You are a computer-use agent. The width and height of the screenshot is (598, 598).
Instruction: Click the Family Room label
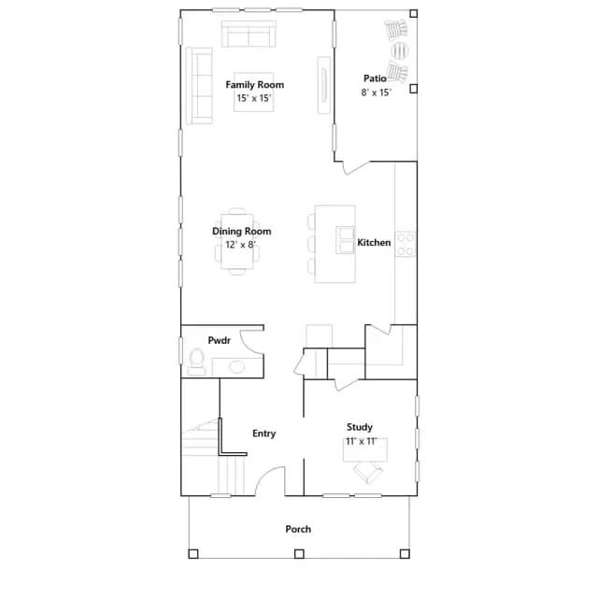255,85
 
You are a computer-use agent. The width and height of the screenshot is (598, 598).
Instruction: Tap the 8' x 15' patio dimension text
376,93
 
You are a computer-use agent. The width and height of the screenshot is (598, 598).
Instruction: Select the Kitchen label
374,243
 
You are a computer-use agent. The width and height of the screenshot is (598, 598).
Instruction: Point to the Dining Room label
241,231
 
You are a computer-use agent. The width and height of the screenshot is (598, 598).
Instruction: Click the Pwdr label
220,340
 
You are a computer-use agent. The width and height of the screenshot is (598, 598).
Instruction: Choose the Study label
359,427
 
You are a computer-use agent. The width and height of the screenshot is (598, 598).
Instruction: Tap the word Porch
298,529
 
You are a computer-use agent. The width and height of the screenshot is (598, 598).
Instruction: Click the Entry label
263,434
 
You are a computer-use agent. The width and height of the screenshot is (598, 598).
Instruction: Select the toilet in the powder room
197,362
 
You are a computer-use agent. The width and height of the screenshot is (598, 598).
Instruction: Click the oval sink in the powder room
236,367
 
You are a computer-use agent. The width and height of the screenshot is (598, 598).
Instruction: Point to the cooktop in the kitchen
406,244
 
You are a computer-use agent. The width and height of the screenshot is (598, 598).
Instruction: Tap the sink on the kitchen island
345,240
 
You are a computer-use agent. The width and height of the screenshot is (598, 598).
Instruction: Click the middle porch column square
299,554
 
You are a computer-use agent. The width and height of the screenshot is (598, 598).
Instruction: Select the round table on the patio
400,50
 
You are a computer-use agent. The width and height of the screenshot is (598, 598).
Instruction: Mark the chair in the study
368,472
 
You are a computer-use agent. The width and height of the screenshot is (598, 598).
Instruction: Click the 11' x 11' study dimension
362,441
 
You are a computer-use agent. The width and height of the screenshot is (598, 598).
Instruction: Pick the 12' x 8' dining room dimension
240,245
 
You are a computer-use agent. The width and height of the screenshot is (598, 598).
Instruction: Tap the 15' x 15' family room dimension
254,98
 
